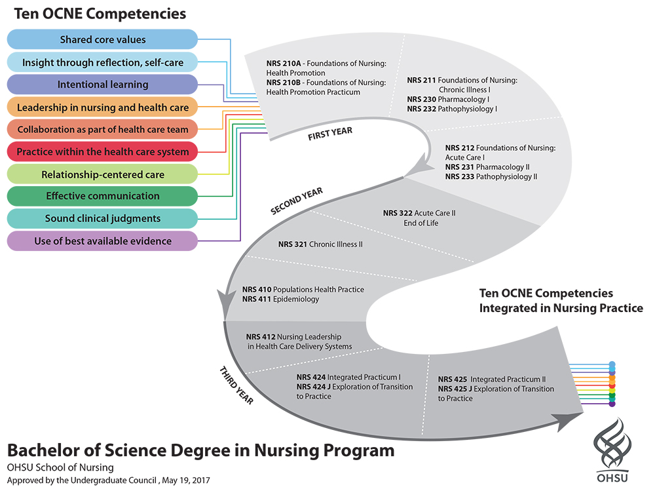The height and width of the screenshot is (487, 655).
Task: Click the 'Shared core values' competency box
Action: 102,40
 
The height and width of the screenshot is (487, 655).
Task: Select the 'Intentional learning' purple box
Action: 102,85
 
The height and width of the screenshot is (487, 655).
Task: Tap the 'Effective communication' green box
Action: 102,196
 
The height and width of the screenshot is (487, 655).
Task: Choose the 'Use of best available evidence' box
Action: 102,241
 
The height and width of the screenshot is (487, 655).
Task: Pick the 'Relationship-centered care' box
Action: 102,174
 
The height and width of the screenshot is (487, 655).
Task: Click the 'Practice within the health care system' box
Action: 102,152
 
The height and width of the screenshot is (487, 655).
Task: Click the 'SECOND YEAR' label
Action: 297,201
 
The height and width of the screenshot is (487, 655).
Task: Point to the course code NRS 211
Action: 421,80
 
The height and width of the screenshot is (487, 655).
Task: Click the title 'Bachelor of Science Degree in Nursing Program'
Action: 201,451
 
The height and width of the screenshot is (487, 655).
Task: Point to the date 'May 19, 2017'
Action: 186,480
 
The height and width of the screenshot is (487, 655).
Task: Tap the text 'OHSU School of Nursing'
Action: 60,467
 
